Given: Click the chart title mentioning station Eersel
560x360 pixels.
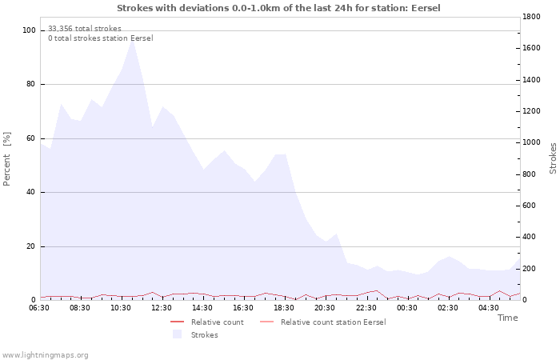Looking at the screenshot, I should [x=278, y=8].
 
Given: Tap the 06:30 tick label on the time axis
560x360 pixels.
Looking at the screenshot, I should [x=40, y=307].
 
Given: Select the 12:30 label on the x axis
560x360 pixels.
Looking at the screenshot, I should [x=162, y=307].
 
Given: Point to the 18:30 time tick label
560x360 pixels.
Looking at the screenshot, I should [x=285, y=307].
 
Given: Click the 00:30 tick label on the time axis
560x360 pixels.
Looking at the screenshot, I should [x=407, y=307].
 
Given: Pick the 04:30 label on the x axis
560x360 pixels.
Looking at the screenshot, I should [x=489, y=307].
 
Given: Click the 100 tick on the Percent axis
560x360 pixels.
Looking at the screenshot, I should [x=29, y=30].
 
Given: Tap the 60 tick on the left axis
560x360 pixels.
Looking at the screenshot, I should [x=31, y=138].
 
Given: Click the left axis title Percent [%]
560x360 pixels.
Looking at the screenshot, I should [x=7, y=158].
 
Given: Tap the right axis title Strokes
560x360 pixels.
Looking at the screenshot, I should [x=553, y=158].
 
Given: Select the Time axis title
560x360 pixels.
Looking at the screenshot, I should [x=507, y=318].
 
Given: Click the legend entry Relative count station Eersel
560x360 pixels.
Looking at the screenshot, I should [x=333, y=322].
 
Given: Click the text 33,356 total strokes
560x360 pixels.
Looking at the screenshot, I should [x=85, y=28].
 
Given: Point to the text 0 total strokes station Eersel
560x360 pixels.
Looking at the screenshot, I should [x=100, y=38].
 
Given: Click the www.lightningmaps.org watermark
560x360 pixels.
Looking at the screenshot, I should [x=45, y=354].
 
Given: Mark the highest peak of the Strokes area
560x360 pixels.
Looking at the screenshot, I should [x=132, y=39].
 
